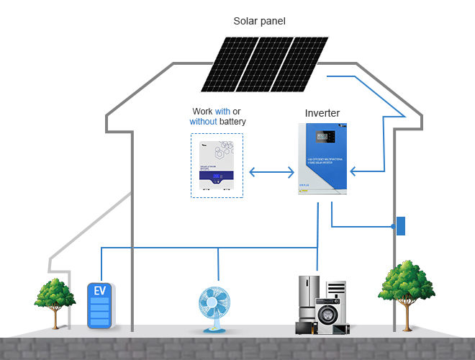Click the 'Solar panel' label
coord(260,21)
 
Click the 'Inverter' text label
coord(322,113)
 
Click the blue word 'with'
coord(222,112)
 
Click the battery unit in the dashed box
coord(217,166)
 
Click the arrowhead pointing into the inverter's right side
coord(353,172)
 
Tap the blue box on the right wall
coord(401,226)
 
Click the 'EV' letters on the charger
coord(100,291)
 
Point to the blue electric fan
coord(215,303)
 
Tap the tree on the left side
coord(55,296)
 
